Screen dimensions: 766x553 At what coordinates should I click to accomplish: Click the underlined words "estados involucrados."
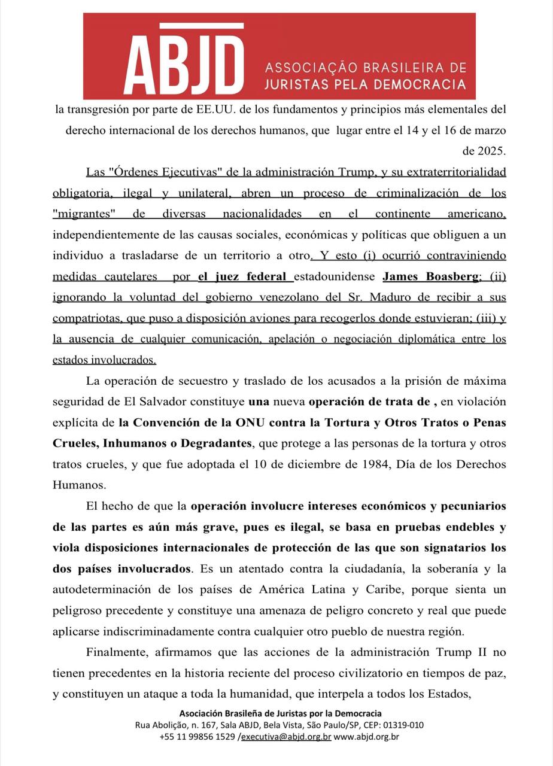105,360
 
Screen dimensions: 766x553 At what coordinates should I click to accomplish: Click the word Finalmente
115,652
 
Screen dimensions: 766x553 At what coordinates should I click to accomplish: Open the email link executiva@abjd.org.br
286,737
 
